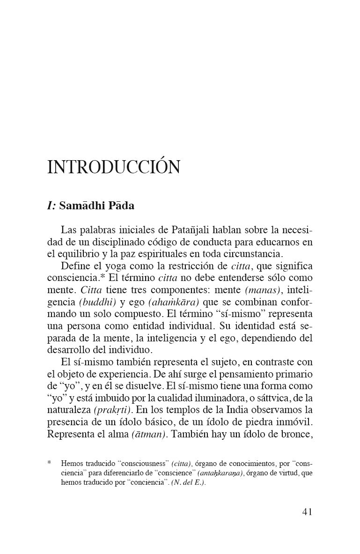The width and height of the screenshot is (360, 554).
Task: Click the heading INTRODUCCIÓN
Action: coord(114,167)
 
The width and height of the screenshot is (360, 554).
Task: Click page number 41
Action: coord(307,511)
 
